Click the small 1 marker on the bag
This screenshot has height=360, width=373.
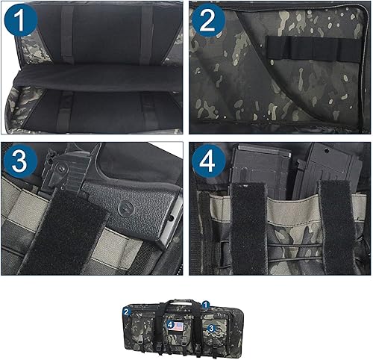[x=206, y=305]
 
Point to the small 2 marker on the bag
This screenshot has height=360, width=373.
[x=127, y=311]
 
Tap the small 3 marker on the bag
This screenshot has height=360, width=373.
[x=211, y=327]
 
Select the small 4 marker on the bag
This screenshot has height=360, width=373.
[x=171, y=326]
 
